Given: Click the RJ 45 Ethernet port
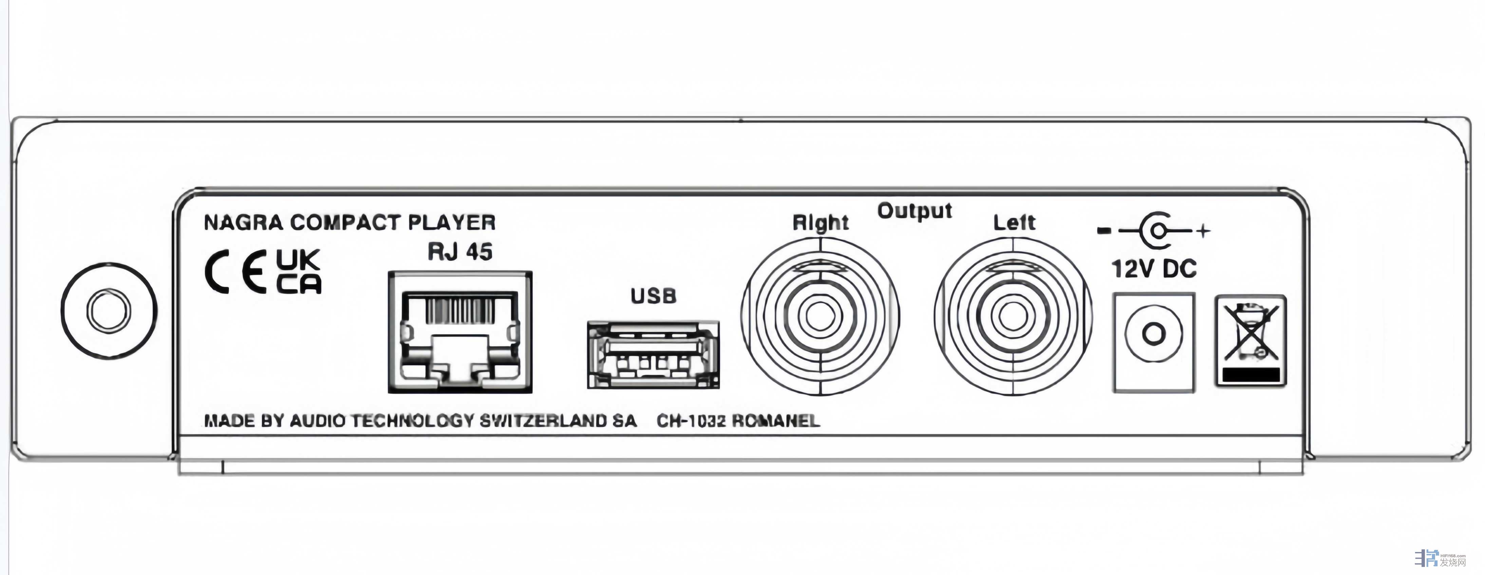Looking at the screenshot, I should click(x=459, y=333).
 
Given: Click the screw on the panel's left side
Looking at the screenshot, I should click(x=108, y=312).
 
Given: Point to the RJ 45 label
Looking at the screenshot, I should click(x=459, y=252).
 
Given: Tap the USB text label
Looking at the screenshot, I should click(x=653, y=296).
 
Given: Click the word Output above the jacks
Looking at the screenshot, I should click(x=914, y=212).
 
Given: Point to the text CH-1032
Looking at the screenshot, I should click(x=691, y=421).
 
